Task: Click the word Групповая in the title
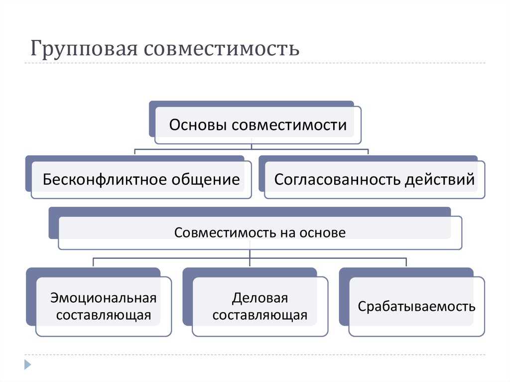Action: (84, 49)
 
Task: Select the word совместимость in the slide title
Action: (222, 49)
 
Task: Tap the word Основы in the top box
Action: (197, 125)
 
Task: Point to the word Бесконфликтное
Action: (105, 179)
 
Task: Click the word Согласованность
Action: (337, 179)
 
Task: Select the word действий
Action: (440, 180)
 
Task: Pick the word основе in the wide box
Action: (322, 233)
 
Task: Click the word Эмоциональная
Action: (104, 298)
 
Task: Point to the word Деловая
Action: (260, 298)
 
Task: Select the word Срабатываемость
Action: (416, 306)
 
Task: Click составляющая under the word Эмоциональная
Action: (104, 315)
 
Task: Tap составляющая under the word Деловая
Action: (260, 315)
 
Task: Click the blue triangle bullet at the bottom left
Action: (28, 365)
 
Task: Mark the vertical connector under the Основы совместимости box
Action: (252, 146)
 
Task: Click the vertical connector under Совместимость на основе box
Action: (250, 257)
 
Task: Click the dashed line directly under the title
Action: (255, 63)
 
